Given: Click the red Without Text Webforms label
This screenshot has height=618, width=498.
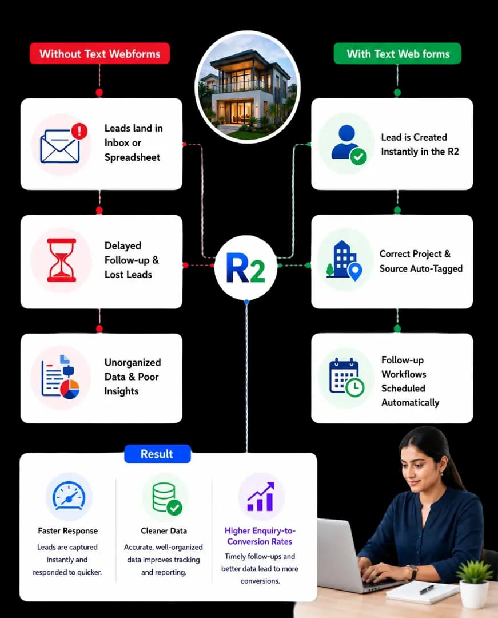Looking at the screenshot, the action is (99, 54).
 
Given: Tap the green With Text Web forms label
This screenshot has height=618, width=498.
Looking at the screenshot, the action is (397, 54).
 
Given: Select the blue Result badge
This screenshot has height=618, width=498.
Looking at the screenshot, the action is (157, 454).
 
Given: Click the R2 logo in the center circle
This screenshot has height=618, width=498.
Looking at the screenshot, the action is (246, 268).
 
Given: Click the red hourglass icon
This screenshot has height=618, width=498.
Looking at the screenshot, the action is (61, 260).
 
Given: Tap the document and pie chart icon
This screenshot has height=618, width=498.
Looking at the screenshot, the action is (61, 377).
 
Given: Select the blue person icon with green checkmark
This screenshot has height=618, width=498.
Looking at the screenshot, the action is (349, 145).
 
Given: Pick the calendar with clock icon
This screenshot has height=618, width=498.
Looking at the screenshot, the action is (346, 377).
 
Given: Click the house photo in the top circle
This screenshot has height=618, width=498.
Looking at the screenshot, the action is (248, 87).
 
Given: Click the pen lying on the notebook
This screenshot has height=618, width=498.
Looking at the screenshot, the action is (427, 589).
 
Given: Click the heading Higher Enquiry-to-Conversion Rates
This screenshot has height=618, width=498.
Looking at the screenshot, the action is (260, 536).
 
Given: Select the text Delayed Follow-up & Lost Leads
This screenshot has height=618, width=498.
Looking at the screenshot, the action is (132, 260).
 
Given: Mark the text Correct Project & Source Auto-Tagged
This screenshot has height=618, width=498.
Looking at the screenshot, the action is (421, 262).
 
